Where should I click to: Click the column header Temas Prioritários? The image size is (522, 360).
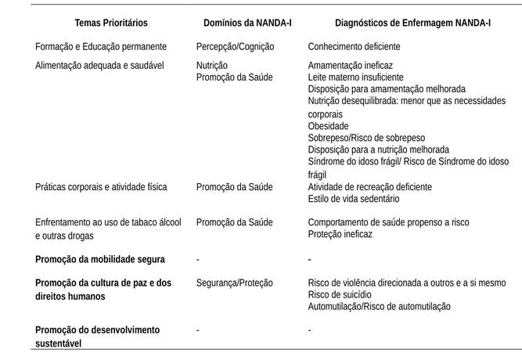point(111,23)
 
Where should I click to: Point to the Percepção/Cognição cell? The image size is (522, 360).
point(234,47)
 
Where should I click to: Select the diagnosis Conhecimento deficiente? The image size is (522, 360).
point(354,47)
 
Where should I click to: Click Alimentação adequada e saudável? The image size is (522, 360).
point(99,66)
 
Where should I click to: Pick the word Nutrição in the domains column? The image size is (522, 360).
point(212,66)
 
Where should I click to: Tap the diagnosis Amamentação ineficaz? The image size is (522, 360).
point(350,66)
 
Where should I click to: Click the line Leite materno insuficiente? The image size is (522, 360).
point(356,77)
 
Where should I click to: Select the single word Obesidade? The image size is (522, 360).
point(329,126)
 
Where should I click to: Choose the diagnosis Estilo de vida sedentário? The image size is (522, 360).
point(353,199)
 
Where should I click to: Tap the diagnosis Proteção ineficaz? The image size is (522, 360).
point(340,234)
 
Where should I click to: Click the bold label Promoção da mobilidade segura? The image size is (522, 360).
point(99,259)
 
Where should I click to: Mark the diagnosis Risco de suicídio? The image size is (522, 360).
point(341,294)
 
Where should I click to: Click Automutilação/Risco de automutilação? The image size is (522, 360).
point(379,306)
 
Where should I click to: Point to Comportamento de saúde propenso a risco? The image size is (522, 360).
point(388,222)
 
